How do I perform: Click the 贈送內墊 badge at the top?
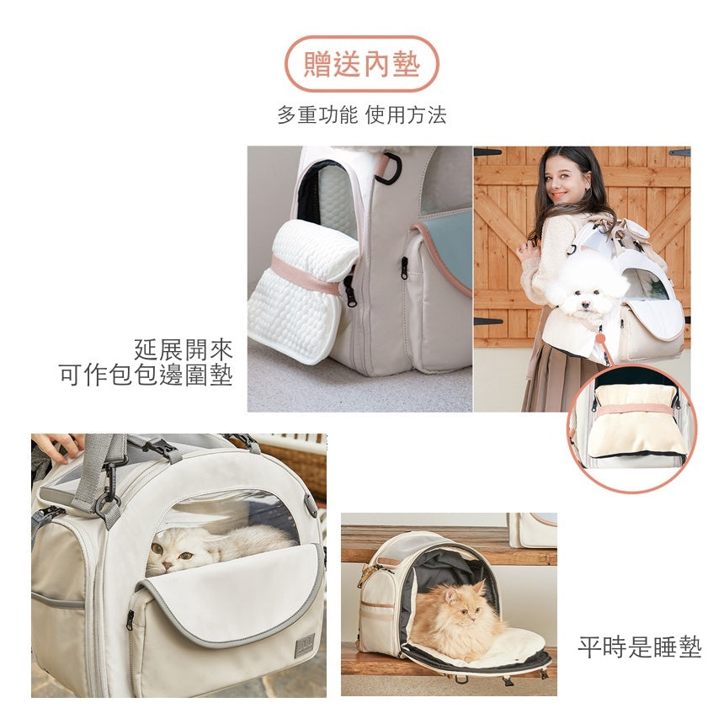[362, 64]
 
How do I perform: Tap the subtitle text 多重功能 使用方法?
[362, 115]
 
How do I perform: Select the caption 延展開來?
[183, 349]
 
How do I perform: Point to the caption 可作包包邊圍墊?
[146, 375]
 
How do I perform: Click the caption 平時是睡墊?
[639, 647]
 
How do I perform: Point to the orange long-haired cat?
[459, 619]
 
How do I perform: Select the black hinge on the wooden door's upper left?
[488, 152]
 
